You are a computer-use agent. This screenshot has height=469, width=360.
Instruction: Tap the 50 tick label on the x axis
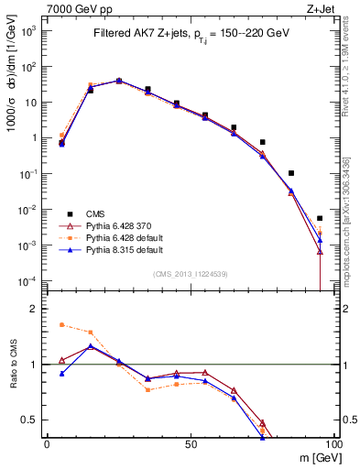[x=191, y=442]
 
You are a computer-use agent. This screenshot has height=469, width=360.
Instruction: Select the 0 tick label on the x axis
[x=47, y=442]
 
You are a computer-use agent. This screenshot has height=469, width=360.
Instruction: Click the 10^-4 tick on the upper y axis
[x=27, y=281]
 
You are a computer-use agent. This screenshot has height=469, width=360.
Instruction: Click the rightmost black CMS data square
[x=320, y=218]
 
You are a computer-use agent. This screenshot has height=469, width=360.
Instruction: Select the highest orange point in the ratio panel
[x=61, y=324]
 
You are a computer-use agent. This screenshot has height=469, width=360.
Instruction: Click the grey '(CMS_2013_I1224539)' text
[x=191, y=273]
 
